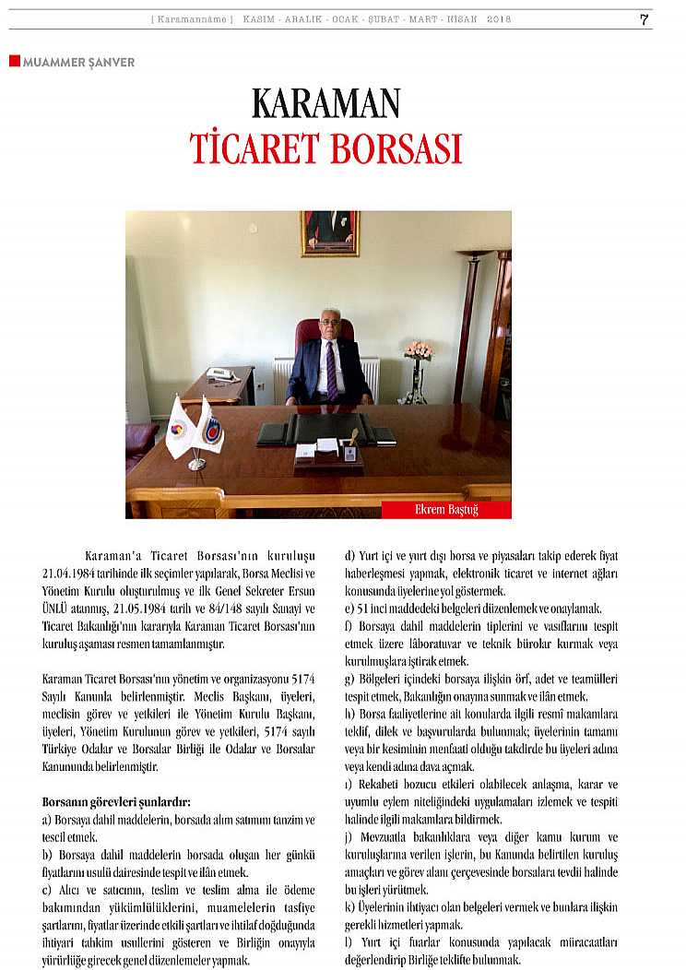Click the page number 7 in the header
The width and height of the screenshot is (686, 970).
644,19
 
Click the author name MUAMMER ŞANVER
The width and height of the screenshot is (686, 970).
78,63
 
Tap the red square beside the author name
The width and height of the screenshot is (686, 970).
14,61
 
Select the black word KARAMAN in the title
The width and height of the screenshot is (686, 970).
325,104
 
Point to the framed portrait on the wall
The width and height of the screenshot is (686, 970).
329,232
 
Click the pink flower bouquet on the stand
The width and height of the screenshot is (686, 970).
419,350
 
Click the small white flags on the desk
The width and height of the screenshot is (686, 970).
195,429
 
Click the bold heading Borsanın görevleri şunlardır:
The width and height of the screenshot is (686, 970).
116,802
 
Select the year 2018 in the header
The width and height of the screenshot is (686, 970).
499,19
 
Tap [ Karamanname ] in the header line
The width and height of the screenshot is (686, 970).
192,19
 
